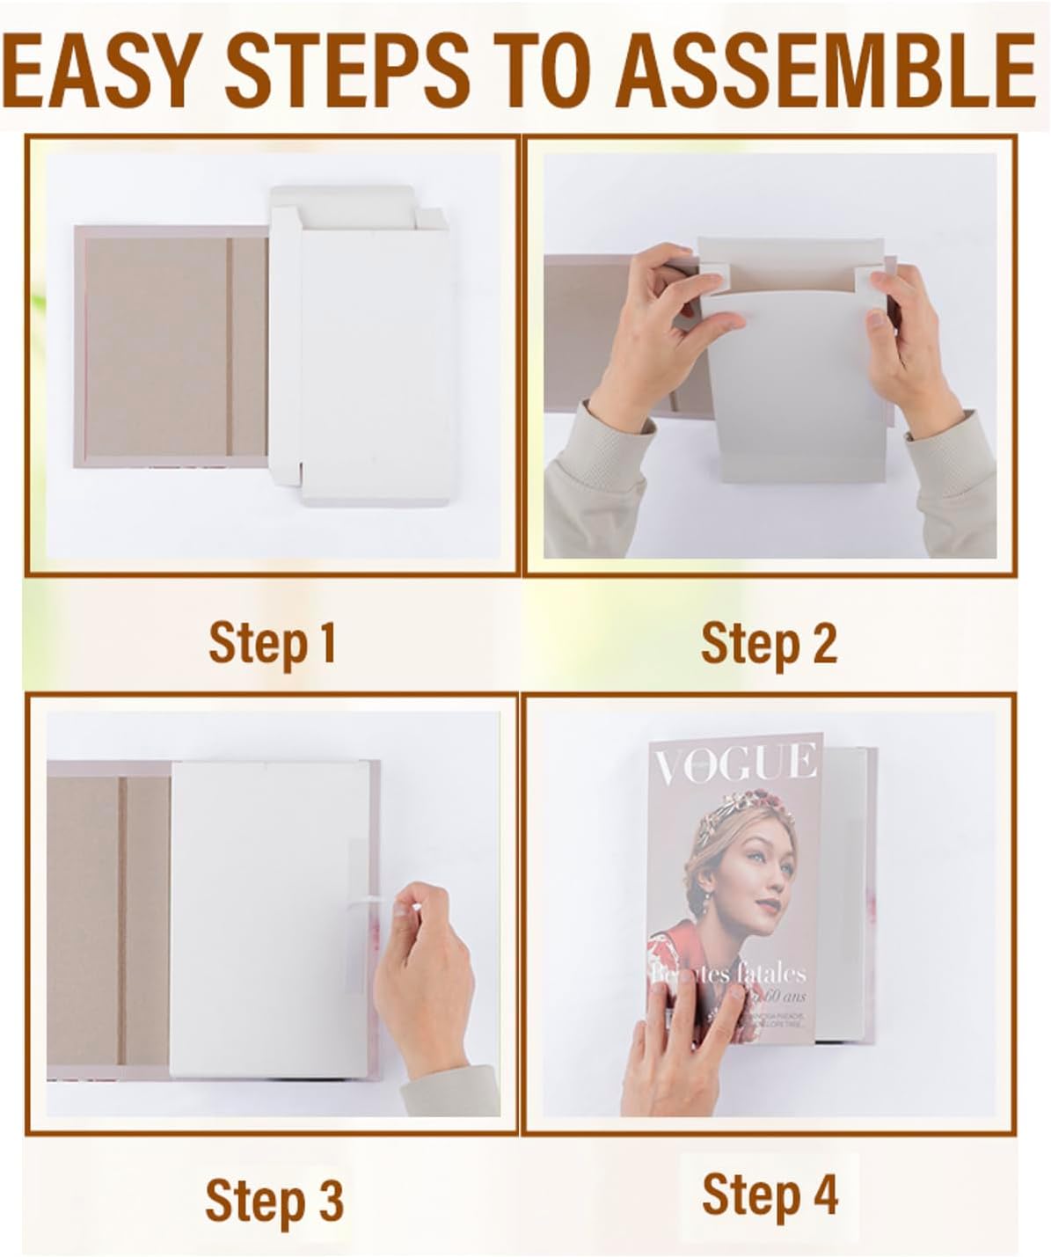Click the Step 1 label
pyautogui.click(x=273, y=643)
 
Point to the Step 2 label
pyautogui.click(x=769, y=643)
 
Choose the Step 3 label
pyautogui.click(x=274, y=1200)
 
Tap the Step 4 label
pyautogui.click(x=770, y=1195)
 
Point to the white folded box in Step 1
pyautogui.click(x=369, y=352)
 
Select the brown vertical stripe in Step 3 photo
pyautogui.click(x=122, y=919)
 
